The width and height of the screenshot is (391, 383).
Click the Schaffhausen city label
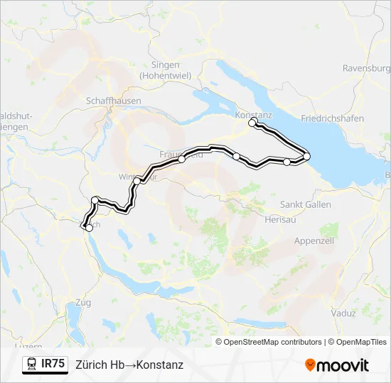[113, 101]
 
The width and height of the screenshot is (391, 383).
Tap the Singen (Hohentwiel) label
[165, 70]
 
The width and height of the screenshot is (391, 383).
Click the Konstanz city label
[254, 114]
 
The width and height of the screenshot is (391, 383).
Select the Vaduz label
[343, 313]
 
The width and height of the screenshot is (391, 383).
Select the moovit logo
[336, 365]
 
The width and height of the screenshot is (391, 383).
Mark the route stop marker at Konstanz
[252, 123]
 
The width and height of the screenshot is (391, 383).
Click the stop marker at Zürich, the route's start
[89, 228]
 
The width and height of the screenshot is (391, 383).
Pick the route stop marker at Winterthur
[136, 181]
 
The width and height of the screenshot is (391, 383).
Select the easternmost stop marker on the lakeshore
[306, 156]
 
